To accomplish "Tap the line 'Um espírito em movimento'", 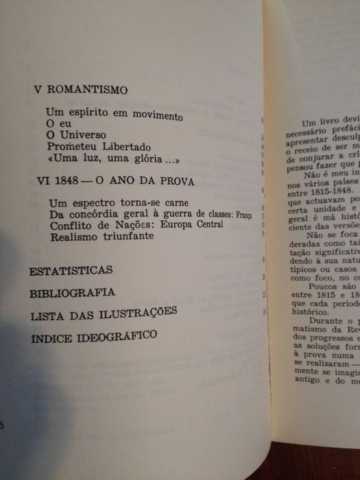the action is (115, 113).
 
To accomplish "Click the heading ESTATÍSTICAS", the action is (71, 270).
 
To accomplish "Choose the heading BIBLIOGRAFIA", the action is (72, 293).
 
